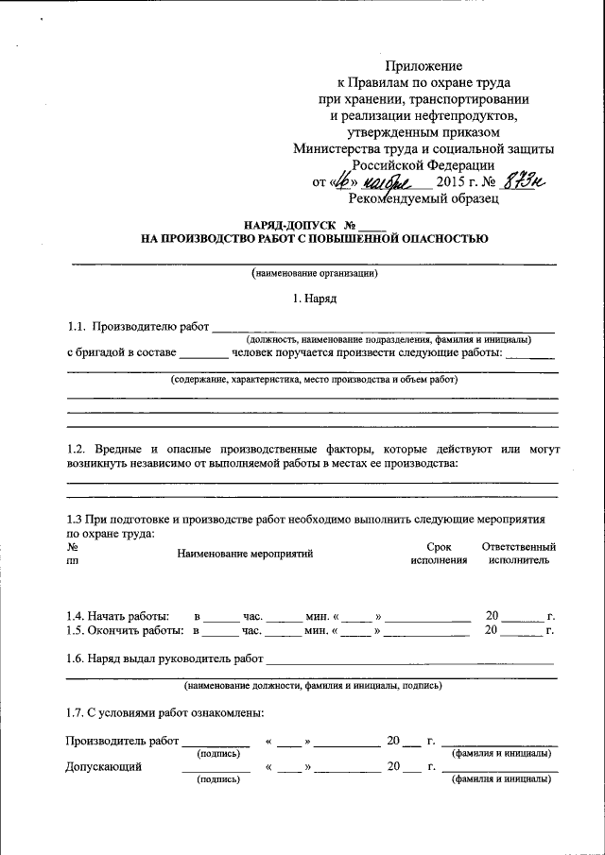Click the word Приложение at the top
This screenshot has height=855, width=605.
[x=423, y=66]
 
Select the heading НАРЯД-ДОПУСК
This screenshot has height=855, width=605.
[x=287, y=226]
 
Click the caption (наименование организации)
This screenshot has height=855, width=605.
[x=315, y=274]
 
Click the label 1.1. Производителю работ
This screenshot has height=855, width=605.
[x=137, y=327]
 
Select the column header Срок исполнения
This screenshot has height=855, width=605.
[x=439, y=554]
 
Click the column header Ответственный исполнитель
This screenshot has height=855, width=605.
[x=518, y=554]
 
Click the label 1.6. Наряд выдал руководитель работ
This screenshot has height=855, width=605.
[x=164, y=658]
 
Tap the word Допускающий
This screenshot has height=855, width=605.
[x=103, y=767]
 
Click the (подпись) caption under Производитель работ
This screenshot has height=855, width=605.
[x=217, y=754]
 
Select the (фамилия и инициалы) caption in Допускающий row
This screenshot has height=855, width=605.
[x=502, y=780]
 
